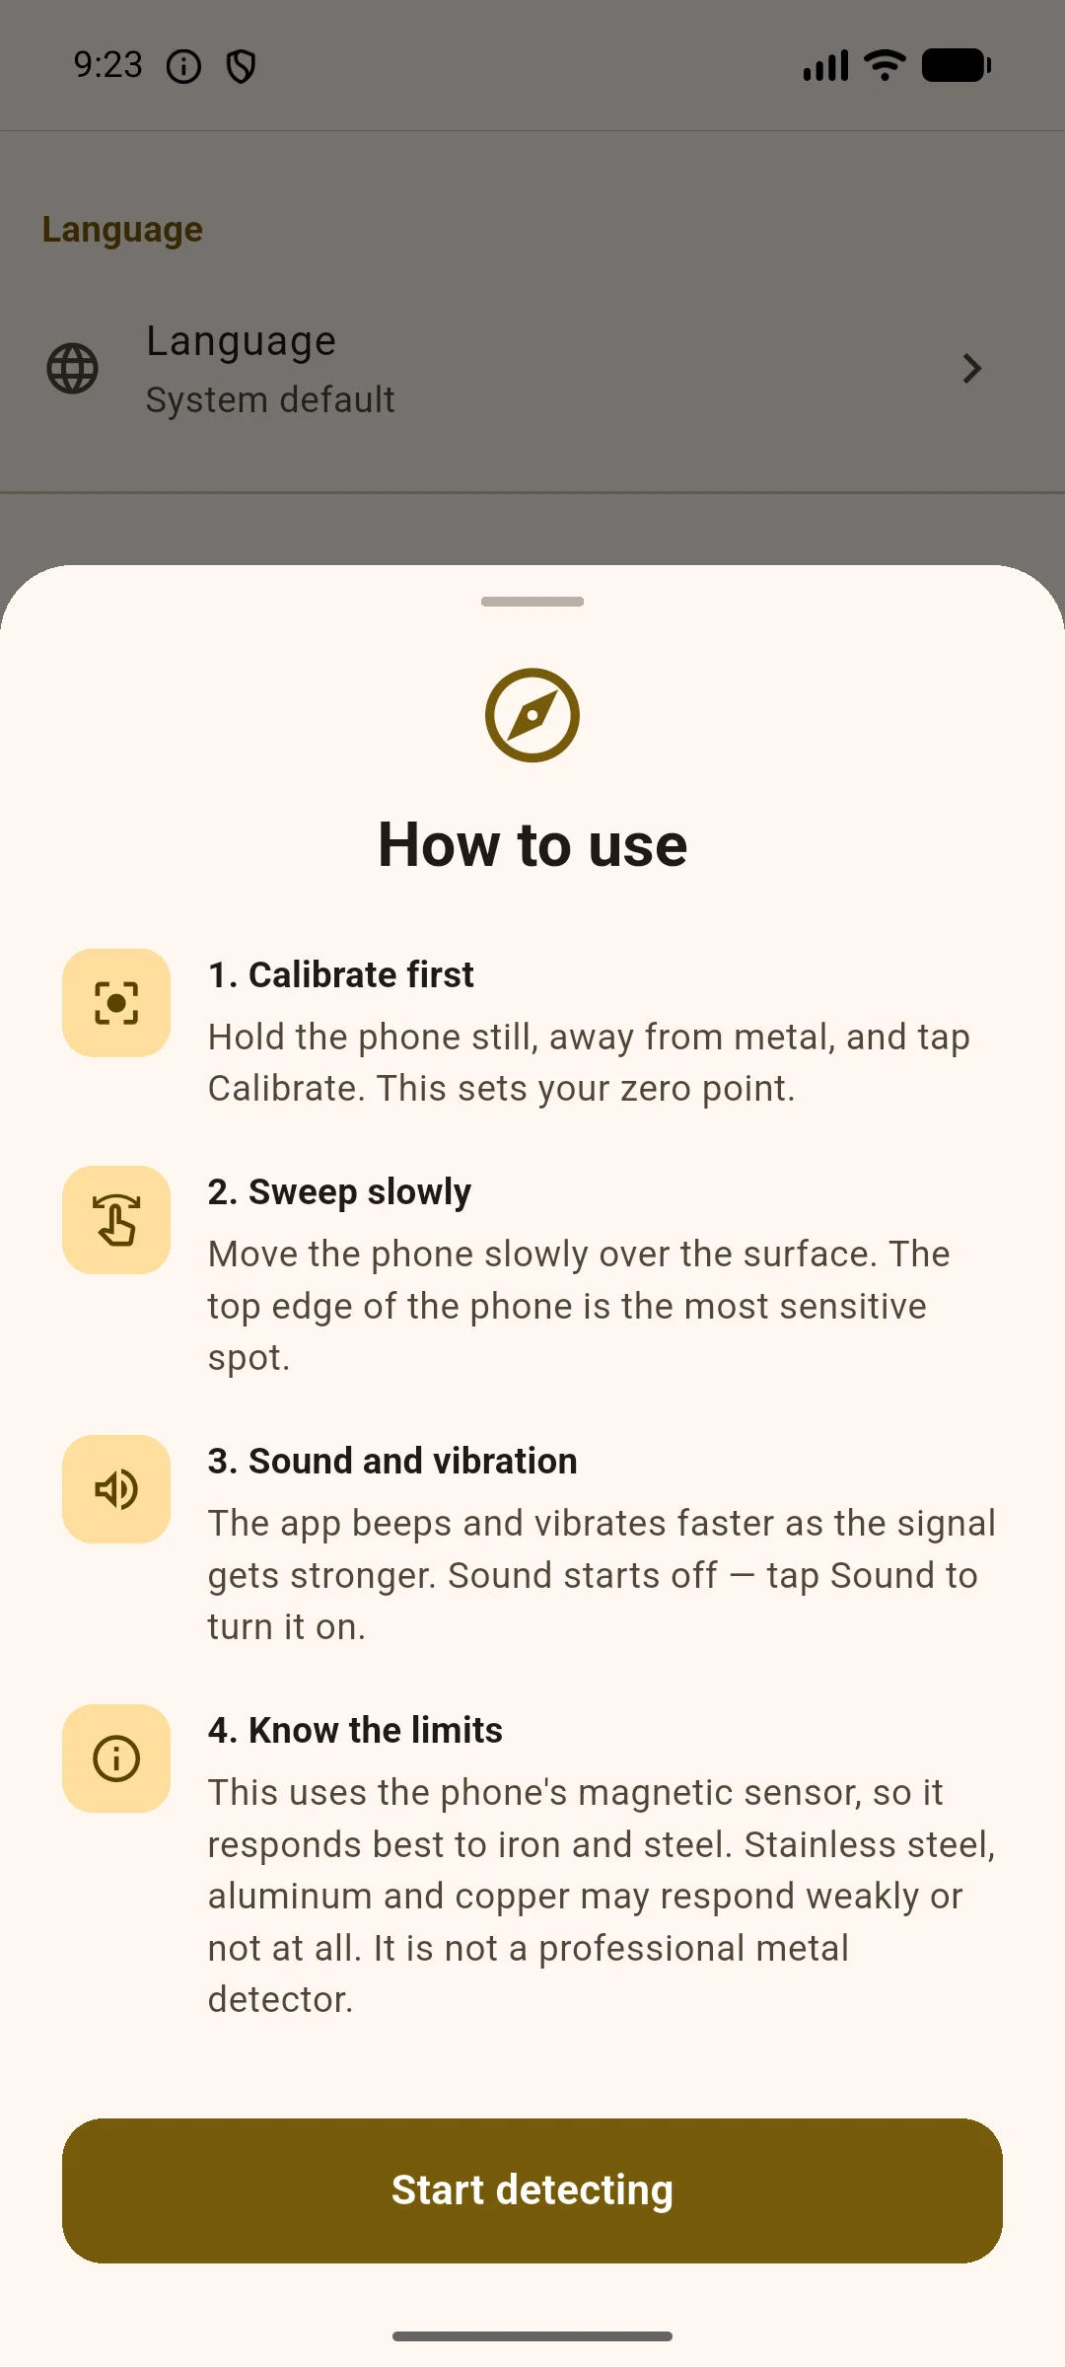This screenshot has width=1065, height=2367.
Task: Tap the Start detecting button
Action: point(532,2190)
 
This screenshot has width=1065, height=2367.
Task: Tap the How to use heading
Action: point(532,845)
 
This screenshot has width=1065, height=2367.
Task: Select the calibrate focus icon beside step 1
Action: point(116,1003)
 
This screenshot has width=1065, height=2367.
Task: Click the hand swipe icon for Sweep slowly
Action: point(116,1220)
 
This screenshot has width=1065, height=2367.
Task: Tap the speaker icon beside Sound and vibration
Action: point(116,1489)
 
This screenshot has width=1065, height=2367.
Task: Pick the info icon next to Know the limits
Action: point(116,1758)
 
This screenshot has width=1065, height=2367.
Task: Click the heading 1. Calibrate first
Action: point(341,974)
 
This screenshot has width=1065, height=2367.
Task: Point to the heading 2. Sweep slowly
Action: point(339,1192)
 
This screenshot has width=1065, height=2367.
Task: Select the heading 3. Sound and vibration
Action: point(392,1461)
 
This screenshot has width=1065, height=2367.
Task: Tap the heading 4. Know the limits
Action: point(355,1730)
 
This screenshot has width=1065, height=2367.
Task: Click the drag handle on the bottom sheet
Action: point(532,602)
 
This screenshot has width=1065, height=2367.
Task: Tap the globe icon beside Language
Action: point(73,369)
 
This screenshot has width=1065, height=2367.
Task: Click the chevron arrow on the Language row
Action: point(972,369)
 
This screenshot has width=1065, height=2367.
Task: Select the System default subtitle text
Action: point(270,400)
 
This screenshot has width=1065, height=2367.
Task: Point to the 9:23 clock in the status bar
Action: point(108,65)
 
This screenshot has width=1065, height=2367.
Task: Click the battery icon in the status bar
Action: point(957,66)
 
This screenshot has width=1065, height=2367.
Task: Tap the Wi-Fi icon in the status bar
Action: point(885,65)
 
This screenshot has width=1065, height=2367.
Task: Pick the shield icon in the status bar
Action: point(242,67)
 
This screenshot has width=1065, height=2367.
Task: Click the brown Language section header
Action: point(122,230)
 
